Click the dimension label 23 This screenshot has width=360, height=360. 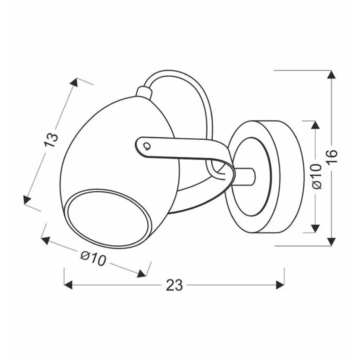(x=174, y=285)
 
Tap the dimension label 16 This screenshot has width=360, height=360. (x=332, y=156)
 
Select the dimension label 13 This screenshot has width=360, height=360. (x=51, y=139)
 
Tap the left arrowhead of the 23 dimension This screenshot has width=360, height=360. (x=68, y=285)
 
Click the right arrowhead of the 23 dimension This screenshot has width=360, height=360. (x=280, y=285)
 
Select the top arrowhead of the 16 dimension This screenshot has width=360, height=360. (x=331, y=74)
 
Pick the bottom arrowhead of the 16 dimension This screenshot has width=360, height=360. (x=331, y=242)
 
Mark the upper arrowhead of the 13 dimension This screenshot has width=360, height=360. (x=74, y=82)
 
